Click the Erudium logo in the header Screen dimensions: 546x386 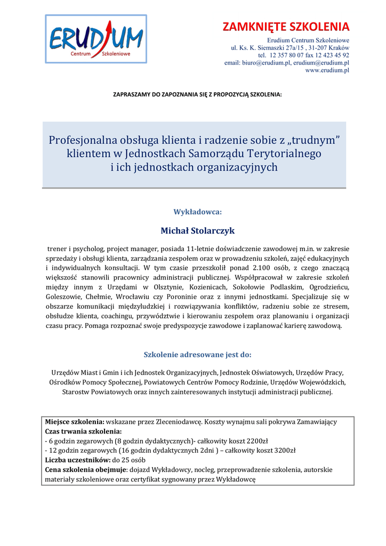(96, 38)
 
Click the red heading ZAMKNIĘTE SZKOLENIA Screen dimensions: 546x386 (286, 27)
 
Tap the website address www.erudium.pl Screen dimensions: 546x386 (327, 70)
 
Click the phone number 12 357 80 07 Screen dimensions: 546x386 (288, 55)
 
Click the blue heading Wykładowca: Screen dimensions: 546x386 (197, 212)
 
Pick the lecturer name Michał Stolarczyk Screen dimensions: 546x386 (198, 231)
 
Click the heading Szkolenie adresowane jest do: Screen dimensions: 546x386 (198, 354)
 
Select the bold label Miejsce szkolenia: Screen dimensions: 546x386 (75, 422)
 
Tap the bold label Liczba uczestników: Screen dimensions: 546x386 (77, 460)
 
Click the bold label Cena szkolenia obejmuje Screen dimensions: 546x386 (86, 470)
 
